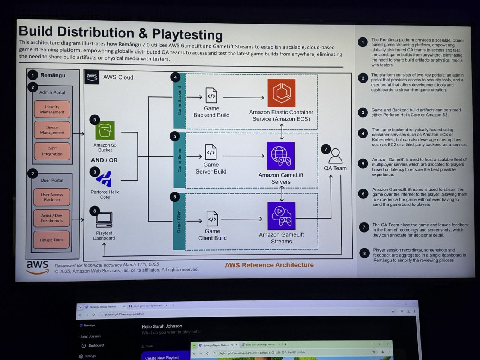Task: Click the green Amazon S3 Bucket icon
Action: (105, 130)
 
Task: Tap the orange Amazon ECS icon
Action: (282, 93)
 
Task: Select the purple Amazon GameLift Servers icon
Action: (281, 156)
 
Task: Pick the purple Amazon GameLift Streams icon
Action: (281, 216)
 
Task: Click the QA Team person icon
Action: (336, 156)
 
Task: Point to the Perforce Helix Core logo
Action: (104, 179)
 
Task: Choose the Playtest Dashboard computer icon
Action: (104, 220)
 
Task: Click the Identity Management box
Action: (52, 109)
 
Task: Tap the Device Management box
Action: (52, 130)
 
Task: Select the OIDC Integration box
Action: (52, 151)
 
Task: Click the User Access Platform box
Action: (52, 197)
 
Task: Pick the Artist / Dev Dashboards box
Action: (52, 218)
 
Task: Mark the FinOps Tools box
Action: (51, 240)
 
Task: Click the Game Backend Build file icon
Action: (211, 96)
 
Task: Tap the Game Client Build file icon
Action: (212, 219)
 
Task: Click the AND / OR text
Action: (104, 160)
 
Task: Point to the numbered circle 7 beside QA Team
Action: (326, 149)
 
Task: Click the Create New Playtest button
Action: (162, 357)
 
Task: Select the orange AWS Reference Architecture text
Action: (269, 265)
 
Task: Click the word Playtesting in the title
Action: (187, 34)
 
